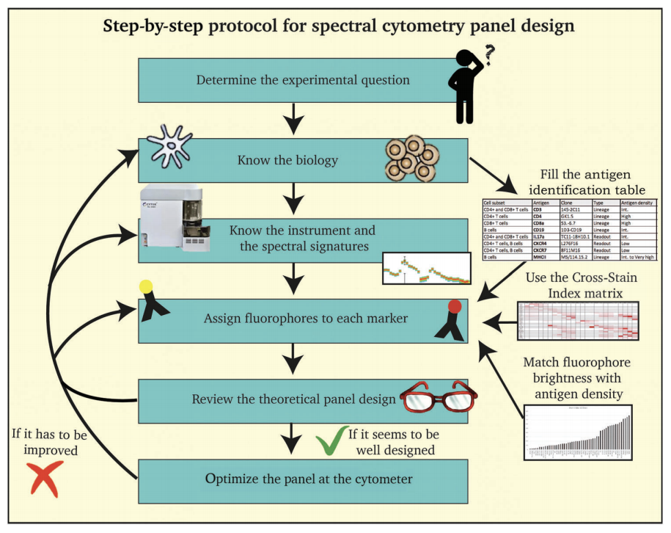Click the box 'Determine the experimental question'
[x=293, y=79]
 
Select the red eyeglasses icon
[x=439, y=399]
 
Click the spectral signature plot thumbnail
[x=426, y=269]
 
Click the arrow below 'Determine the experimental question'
[x=293, y=117]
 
